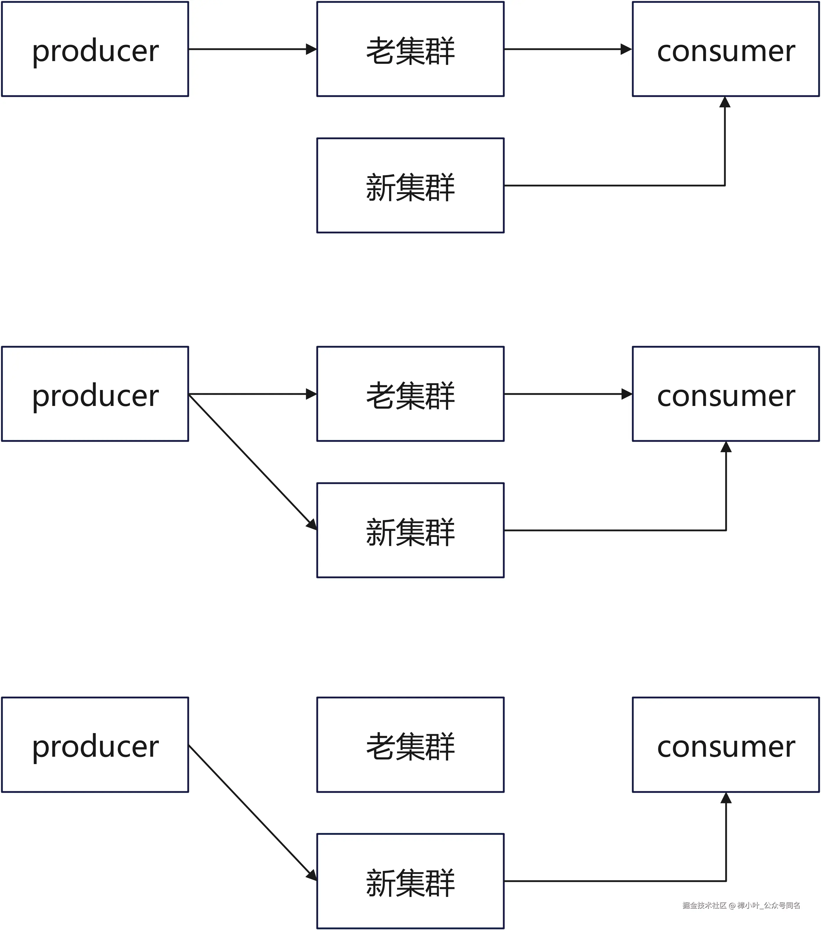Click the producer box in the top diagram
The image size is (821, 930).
click(95, 49)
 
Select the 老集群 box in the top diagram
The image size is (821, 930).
click(410, 49)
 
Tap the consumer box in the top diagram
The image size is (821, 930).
click(726, 49)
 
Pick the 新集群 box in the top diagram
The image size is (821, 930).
click(410, 186)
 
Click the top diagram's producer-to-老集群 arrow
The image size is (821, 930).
click(252, 49)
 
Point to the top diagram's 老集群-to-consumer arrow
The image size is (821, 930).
click(568, 49)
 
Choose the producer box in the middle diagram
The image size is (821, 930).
click(95, 394)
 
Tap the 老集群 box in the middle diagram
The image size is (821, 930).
click(410, 394)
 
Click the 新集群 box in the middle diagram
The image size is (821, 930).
click(410, 531)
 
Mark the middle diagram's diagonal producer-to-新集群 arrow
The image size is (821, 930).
click(252, 462)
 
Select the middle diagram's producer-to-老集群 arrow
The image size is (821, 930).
click(252, 394)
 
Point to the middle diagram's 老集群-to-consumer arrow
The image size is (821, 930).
click(568, 394)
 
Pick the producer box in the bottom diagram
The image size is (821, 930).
click(95, 745)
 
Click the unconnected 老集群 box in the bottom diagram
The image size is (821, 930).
click(410, 745)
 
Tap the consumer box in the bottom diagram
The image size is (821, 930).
click(726, 745)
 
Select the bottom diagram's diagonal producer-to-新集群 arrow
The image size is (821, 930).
click(252, 813)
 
